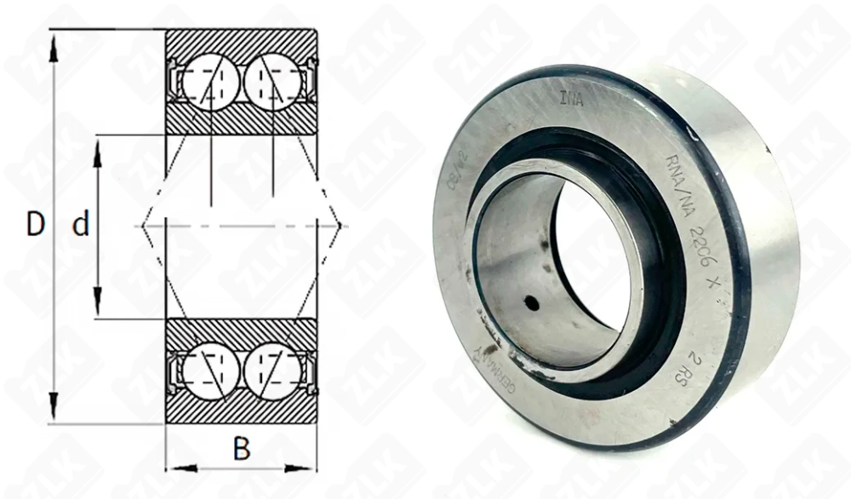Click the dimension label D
point(35,225)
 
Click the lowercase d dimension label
point(81,226)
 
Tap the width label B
point(242,450)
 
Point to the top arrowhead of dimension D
point(54,47)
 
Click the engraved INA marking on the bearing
point(571,98)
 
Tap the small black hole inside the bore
point(531,302)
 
